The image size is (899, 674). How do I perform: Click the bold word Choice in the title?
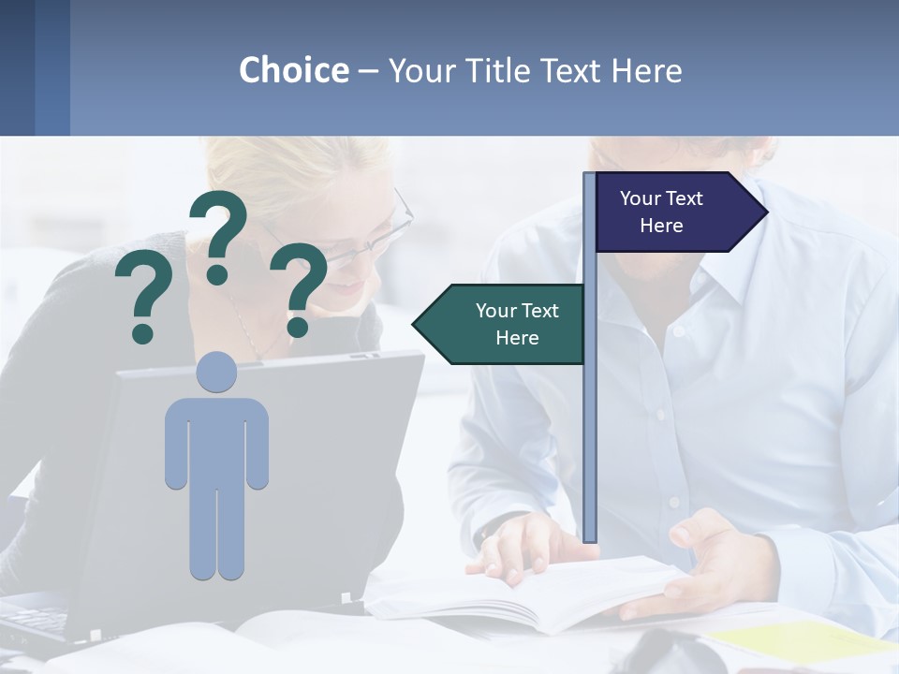(x=293, y=70)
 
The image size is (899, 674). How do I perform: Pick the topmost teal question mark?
(x=219, y=234)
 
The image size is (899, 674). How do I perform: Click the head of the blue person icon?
(x=216, y=372)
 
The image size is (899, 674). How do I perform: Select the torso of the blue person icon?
(x=216, y=440)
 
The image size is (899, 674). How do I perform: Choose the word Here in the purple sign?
(x=661, y=226)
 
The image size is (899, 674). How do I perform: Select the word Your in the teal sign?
(x=496, y=311)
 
